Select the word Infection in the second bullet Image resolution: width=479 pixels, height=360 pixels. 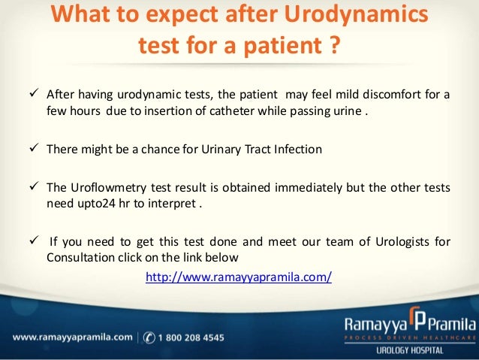296,149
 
